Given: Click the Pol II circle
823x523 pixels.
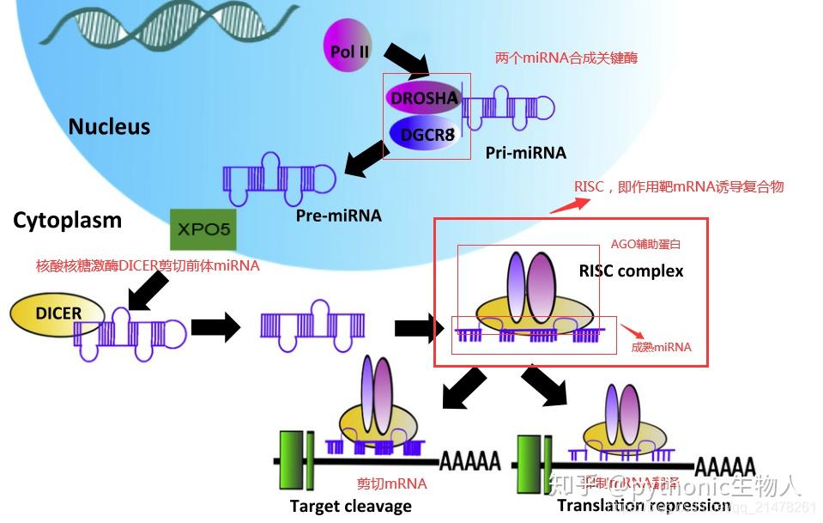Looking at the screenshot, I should (x=349, y=52).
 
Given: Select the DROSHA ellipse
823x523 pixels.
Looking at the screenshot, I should (x=424, y=98).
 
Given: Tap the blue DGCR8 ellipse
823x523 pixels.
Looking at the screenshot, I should (x=421, y=134).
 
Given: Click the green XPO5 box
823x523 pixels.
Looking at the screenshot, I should (x=203, y=230).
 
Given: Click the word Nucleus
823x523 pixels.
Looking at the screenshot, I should (x=109, y=127).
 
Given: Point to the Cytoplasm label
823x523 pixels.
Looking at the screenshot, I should (x=67, y=221).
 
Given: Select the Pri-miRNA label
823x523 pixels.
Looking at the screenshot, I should (x=525, y=153).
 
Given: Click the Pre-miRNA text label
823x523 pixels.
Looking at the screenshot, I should (x=338, y=215).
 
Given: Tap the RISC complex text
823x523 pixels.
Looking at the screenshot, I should (x=631, y=271).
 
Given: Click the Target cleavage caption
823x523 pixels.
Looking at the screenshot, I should (x=350, y=506).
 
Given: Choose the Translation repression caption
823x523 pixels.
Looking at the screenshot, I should (x=644, y=506).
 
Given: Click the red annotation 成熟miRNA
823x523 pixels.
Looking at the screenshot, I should (x=661, y=348).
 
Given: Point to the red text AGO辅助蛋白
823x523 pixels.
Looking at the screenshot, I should (x=645, y=245).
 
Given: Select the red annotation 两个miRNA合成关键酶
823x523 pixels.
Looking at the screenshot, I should (x=566, y=58).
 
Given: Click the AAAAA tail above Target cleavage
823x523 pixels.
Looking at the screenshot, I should (x=470, y=462).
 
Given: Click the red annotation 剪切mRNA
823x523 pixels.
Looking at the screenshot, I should (x=391, y=483).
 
